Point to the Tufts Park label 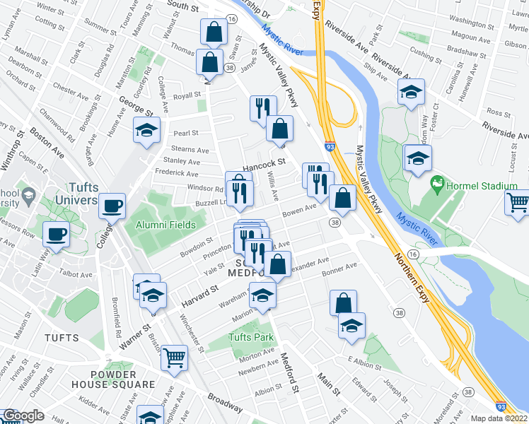pyautogui.click(x=250, y=337)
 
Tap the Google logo pyautogui.click(x=23, y=416)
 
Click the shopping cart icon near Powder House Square pyautogui.click(x=174, y=357)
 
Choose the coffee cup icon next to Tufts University pyautogui.click(x=112, y=206)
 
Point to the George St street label pyautogui.click(x=136, y=105)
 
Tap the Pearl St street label pyautogui.click(x=186, y=132)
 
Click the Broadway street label pyautogui.click(x=226, y=404)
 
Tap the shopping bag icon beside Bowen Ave pyautogui.click(x=342, y=199)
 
